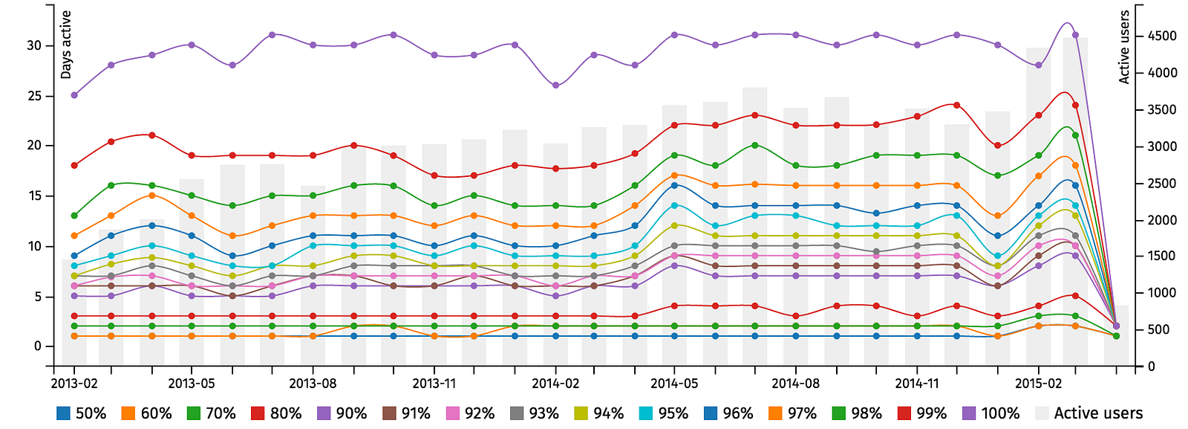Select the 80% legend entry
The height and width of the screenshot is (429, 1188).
pyautogui.click(x=276, y=413)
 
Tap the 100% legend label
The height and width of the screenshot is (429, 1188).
pyautogui.click(x=991, y=413)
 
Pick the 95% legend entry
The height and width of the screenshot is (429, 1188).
pyautogui.click(x=664, y=413)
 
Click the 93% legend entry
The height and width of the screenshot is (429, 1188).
pyautogui.click(x=535, y=413)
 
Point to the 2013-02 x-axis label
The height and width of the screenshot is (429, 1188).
pyautogui.click(x=74, y=384)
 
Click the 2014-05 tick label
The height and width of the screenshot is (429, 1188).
pyautogui.click(x=674, y=384)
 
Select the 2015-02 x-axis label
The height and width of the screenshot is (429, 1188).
pyautogui.click(x=1038, y=384)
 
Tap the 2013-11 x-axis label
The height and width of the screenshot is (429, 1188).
pyautogui.click(x=434, y=384)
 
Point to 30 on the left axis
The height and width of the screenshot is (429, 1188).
pyautogui.click(x=34, y=45)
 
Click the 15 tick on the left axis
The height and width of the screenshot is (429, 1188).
pyautogui.click(x=34, y=196)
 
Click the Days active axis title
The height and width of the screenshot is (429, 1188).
pyautogui.click(x=66, y=45)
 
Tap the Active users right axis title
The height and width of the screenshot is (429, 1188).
pyautogui.click(x=1124, y=46)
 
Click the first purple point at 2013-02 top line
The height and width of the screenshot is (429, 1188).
pyautogui.click(x=74, y=95)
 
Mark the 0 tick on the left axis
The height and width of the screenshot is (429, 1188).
pyautogui.click(x=38, y=346)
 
